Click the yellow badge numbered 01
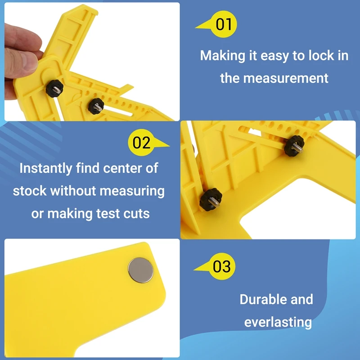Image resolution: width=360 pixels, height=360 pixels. [223, 24]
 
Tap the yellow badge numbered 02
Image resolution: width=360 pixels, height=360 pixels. [141, 143]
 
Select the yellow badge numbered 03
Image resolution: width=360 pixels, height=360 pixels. [221, 266]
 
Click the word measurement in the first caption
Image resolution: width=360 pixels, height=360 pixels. [286, 78]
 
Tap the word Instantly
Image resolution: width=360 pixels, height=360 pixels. [46, 168]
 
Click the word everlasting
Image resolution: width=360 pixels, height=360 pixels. [278, 322]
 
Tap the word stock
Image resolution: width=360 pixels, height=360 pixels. [30, 191]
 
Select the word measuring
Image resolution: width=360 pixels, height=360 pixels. [132, 191]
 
